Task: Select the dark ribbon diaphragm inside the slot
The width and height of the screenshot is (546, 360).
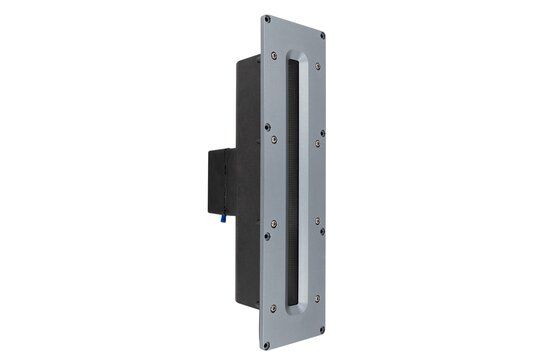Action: (x=293, y=180)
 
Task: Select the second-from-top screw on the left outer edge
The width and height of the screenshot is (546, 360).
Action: (x=267, y=127)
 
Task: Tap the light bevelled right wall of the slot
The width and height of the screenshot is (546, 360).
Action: (x=303, y=180)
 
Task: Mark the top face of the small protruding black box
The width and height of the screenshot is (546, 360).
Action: (x=223, y=149)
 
